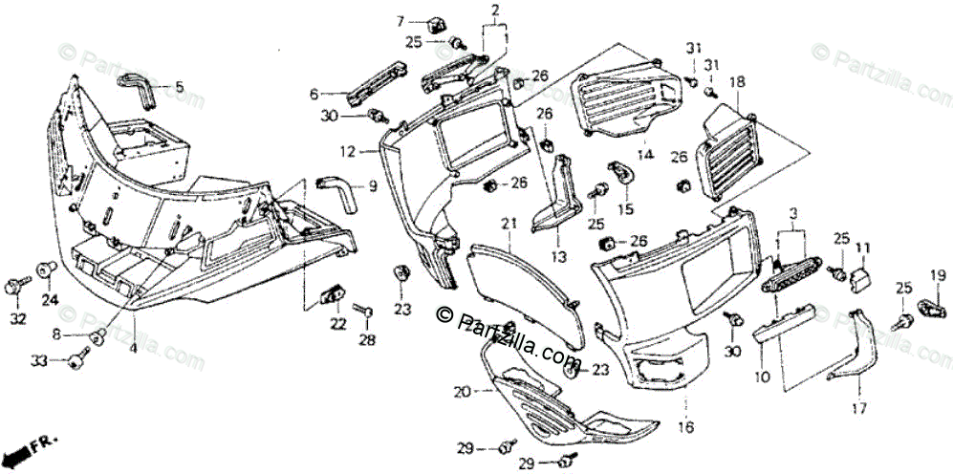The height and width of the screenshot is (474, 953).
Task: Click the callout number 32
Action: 17,318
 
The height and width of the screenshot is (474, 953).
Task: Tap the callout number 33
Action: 39,360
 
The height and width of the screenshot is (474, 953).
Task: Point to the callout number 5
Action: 179,87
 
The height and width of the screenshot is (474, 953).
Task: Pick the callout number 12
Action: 347,151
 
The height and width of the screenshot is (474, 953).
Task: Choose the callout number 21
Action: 509,223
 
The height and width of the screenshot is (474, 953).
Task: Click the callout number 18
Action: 737,83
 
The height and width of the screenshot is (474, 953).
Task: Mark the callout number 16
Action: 684,427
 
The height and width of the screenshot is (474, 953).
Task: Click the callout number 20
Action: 461,392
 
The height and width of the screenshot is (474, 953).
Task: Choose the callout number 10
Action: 762,377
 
